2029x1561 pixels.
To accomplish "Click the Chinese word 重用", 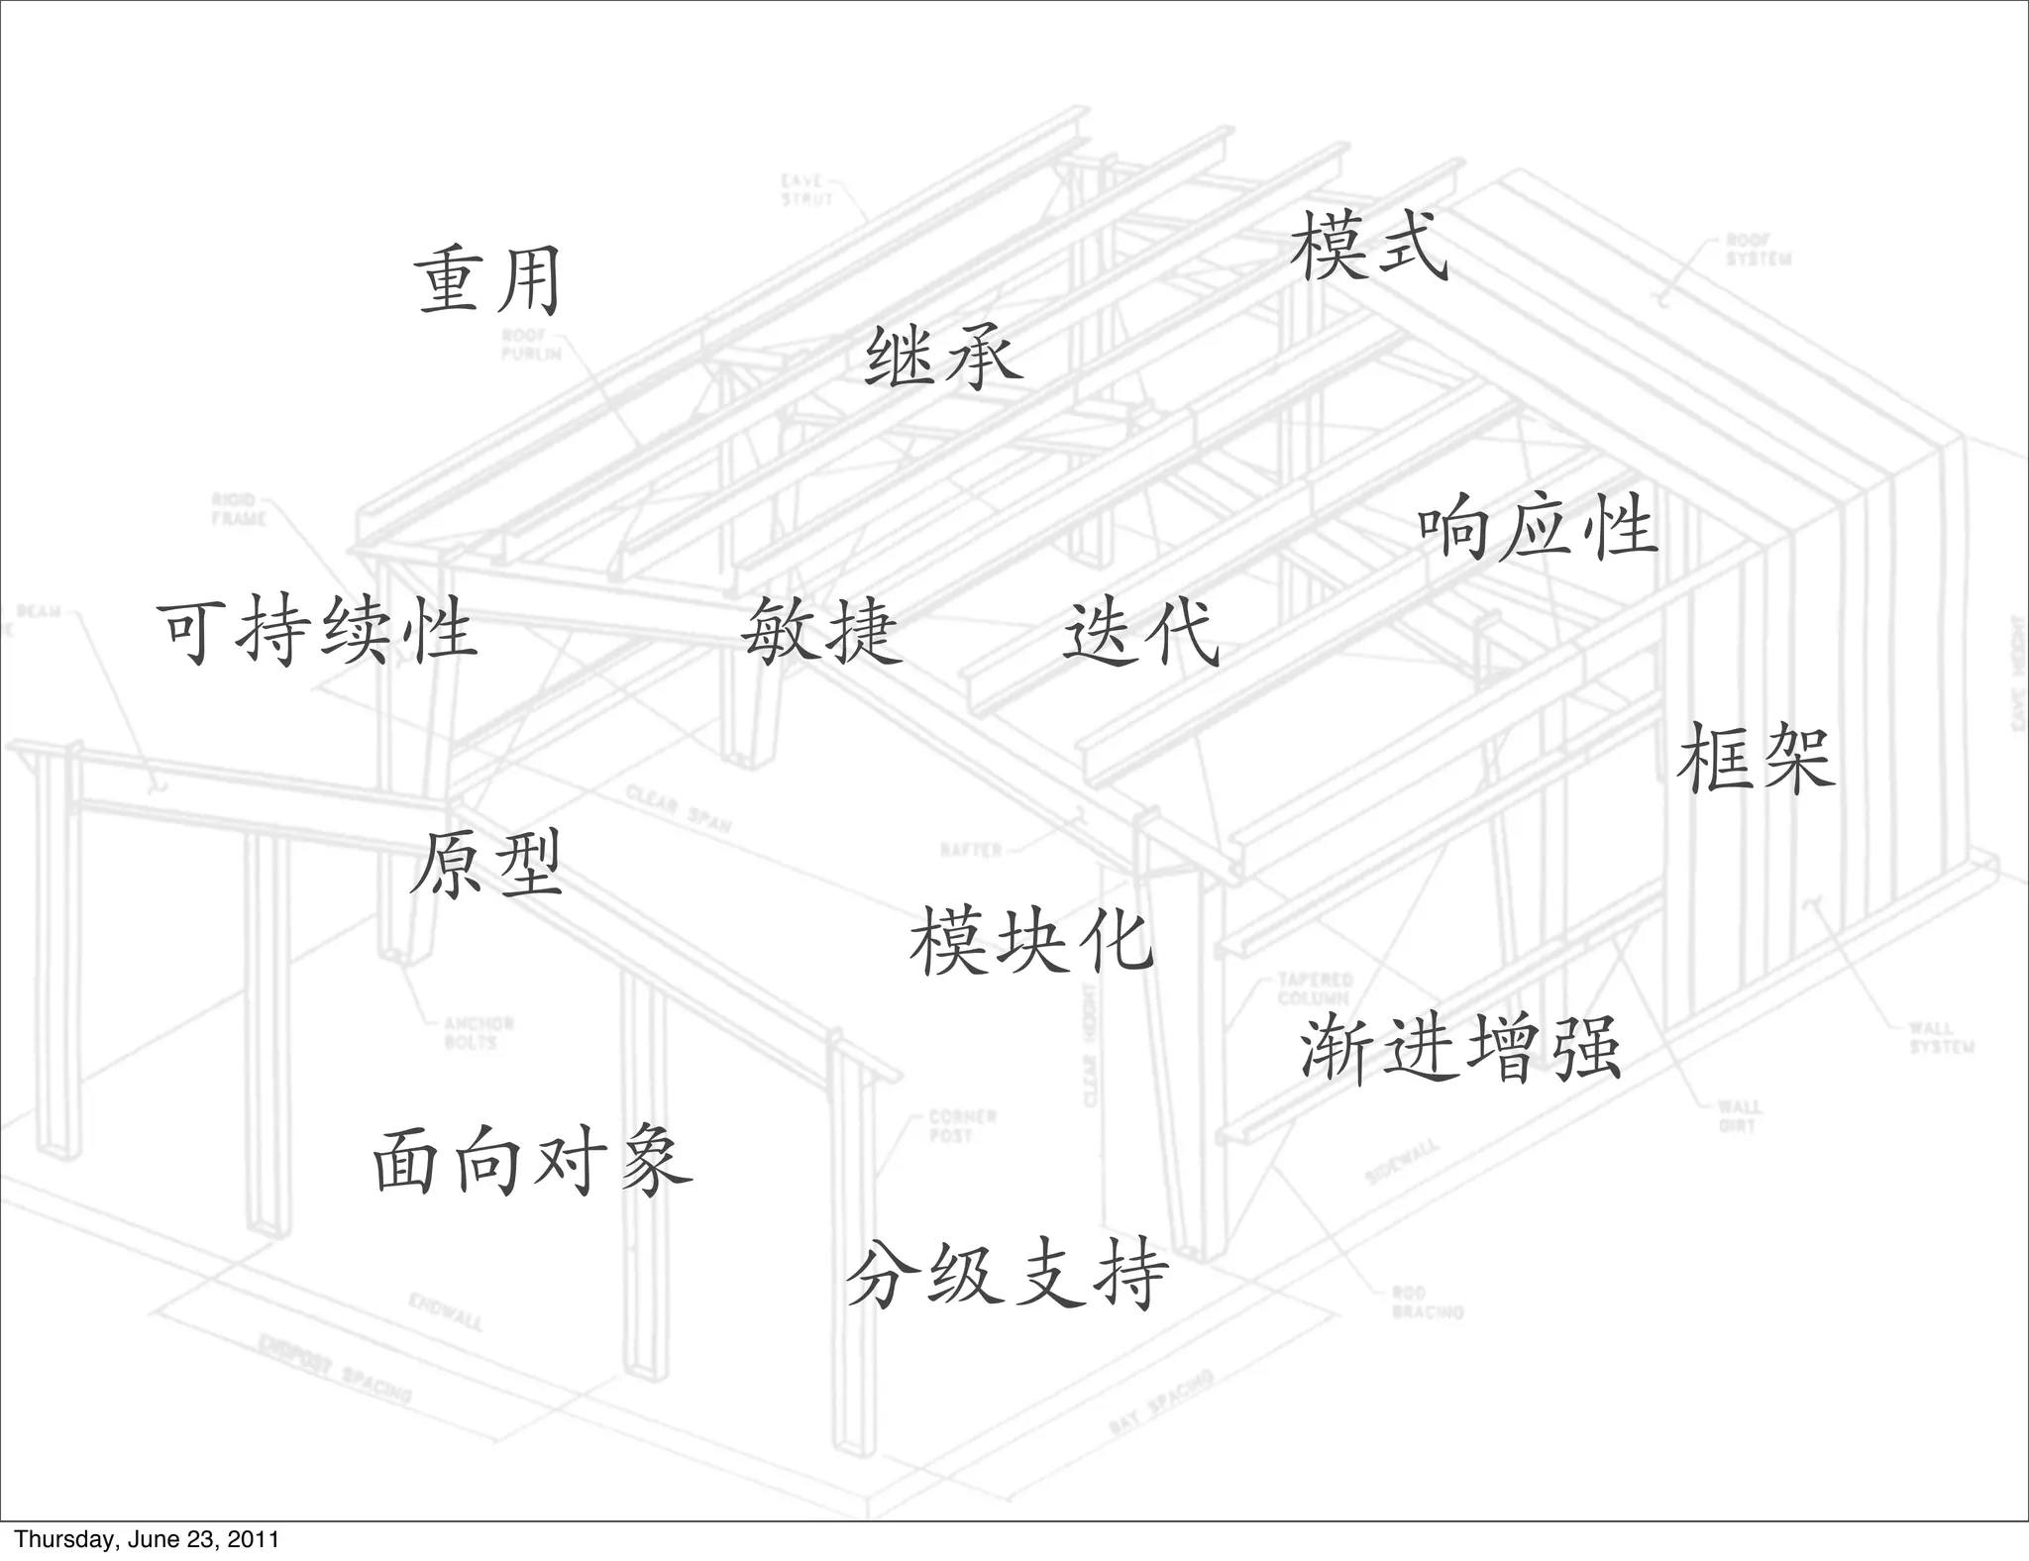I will pyautogui.click(x=487, y=281).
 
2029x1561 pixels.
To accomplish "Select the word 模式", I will pyautogui.click(x=1369, y=248).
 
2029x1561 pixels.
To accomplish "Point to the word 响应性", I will pyautogui.click(x=1537, y=528).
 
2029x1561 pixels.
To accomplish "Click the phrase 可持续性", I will pyautogui.click(x=317, y=630).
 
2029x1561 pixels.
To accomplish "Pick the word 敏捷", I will pyautogui.click(x=822, y=632).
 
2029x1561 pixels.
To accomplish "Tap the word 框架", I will pyautogui.click(x=1756, y=759).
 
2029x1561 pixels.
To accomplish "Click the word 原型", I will pyautogui.click(x=486, y=864).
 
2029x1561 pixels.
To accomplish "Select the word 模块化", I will pyautogui.click(x=1031, y=941).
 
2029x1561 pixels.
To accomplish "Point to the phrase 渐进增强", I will pyautogui.click(x=1459, y=1048).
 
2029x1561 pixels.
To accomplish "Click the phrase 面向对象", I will pyautogui.click(x=532, y=1161).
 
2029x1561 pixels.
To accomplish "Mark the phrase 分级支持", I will pyautogui.click(x=1007, y=1276).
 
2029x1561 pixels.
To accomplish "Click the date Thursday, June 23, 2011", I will pyautogui.click(x=147, y=1539).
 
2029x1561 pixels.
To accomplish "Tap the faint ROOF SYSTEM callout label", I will pyautogui.click(x=1759, y=250).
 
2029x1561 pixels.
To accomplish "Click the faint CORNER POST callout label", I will pyautogui.click(x=962, y=1126).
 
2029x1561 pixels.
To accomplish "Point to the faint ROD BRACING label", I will pyautogui.click(x=1427, y=1302).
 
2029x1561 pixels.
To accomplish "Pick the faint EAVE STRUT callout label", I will pyautogui.click(x=806, y=190).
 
